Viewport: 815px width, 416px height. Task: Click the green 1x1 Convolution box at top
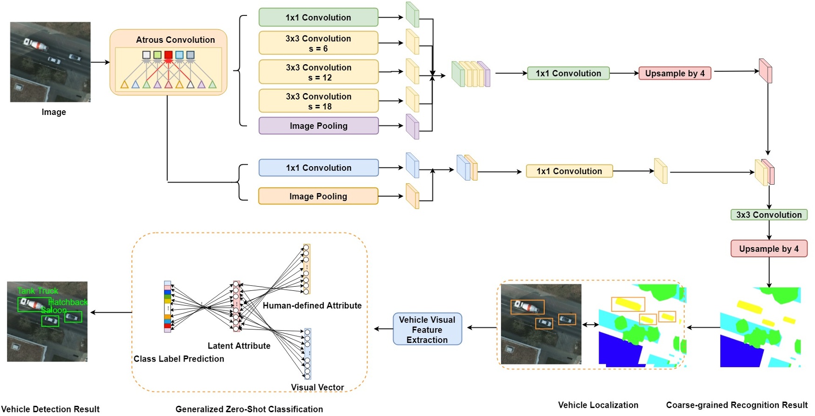[x=318, y=17]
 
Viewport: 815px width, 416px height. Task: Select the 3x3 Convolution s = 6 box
[x=318, y=43]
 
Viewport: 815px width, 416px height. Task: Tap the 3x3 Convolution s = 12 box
[x=318, y=72]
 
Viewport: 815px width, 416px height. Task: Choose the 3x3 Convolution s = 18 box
[x=318, y=101]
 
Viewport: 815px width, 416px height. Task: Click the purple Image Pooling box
[x=318, y=126]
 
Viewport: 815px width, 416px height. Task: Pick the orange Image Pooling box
[x=318, y=196]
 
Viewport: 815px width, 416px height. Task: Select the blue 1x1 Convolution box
[x=318, y=168]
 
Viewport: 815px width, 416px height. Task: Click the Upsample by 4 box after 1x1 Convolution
[x=675, y=73]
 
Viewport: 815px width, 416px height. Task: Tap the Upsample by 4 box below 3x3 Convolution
[x=768, y=248]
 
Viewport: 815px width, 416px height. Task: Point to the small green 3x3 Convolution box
[x=768, y=215]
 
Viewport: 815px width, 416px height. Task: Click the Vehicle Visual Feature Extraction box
[x=427, y=329]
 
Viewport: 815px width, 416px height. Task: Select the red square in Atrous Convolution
[x=168, y=55]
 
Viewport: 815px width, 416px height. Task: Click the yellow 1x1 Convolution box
[x=569, y=171]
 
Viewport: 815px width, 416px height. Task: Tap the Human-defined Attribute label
[x=312, y=305]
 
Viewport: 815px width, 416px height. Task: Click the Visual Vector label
[x=317, y=387]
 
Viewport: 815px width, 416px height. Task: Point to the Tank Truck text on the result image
[x=38, y=291]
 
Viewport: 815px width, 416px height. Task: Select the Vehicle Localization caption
[x=598, y=405]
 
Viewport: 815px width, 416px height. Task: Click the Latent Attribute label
[x=239, y=346]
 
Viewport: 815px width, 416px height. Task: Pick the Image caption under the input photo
[x=53, y=112]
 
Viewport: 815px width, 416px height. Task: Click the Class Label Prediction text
[x=179, y=359]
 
